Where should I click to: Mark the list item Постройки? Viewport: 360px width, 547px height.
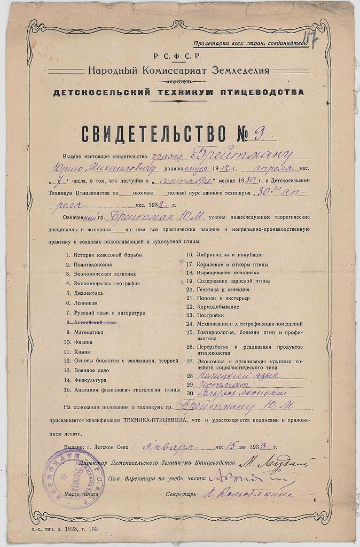210,315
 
